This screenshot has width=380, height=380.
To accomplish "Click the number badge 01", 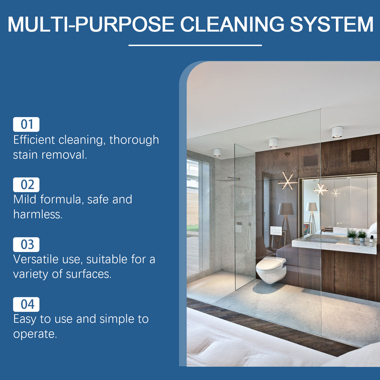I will tap(26, 124).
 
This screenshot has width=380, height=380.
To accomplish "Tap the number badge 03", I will tap(26, 244).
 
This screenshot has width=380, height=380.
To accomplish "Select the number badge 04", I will tap(26, 304).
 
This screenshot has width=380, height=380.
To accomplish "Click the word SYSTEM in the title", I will tap(331, 24).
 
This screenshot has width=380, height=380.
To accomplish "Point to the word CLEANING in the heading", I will tap(232, 24).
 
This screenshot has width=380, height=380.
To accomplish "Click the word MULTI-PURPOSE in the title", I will tap(91, 24).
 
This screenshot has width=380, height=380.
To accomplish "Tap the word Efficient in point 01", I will tap(34, 140).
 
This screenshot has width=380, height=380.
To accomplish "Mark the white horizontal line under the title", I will tap(195, 45).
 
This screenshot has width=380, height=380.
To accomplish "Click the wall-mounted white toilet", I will tap(271, 269).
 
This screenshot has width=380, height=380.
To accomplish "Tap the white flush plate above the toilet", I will tap(276, 231).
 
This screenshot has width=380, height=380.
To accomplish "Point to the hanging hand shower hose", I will tap(249, 235).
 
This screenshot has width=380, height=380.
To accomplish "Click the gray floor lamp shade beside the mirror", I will tap(286, 209).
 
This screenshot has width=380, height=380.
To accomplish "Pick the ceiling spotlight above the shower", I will tap(217, 152).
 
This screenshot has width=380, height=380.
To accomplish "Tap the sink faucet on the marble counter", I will tap(322, 230).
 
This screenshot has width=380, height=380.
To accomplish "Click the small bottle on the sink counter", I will tap(372, 240).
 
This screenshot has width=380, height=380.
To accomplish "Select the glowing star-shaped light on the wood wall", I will tap(288, 181).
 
